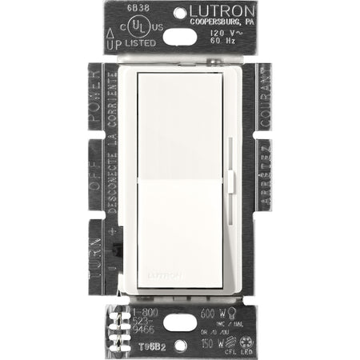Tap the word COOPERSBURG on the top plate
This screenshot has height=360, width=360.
[208, 22]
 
